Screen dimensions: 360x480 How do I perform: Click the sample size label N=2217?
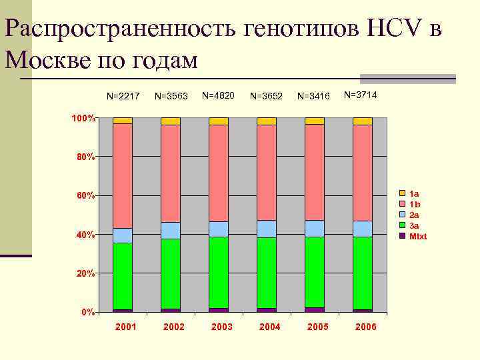[x=123, y=96]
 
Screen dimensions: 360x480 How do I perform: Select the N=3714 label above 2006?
[x=361, y=95]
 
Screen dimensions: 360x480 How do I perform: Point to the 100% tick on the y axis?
[x=84, y=118]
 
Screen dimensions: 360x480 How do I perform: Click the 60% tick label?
[x=84, y=196]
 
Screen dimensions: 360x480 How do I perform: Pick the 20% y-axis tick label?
[x=84, y=274]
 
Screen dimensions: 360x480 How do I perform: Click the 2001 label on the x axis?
[x=125, y=327]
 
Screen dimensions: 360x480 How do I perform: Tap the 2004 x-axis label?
[x=269, y=327]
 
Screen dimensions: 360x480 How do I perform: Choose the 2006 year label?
[x=365, y=327]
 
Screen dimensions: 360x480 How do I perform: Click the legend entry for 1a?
[x=413, y=193]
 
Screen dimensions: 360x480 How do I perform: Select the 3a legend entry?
[x=413, y=226]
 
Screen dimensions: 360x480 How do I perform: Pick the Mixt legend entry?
[x=417, y=237]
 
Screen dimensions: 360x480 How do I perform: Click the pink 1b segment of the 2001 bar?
[x=123, y=176]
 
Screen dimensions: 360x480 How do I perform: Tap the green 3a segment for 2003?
[x=219, y=272]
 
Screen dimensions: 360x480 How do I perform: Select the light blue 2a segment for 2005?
[x=315, y=229]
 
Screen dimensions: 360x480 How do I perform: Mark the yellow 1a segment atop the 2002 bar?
[x=171, y=121]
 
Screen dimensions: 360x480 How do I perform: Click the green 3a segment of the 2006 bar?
[x=363, y=273]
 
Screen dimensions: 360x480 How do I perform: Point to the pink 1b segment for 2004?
[x=267, y=172]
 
